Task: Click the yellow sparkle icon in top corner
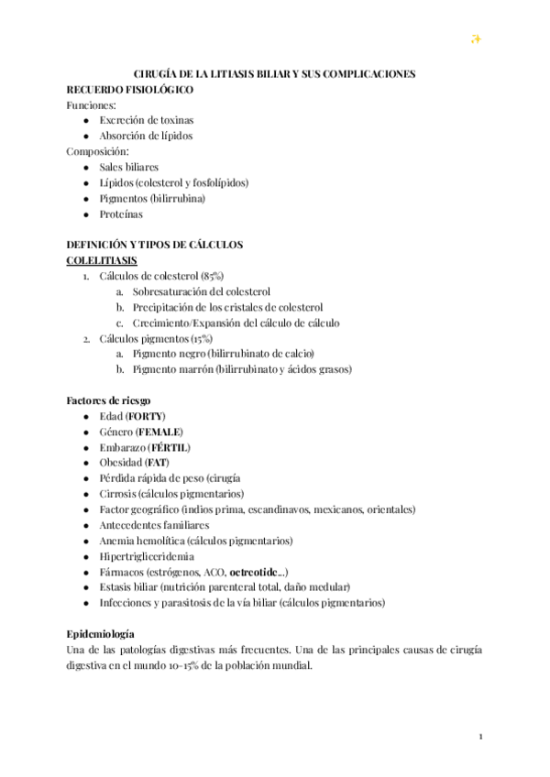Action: coord(476,38)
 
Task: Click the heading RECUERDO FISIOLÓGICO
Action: coord(129,89)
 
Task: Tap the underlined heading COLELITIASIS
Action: coord(102,260)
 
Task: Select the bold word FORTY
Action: coord(146,415)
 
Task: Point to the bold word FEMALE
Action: coord(159,431)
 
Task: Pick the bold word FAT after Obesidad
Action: coord(156,462)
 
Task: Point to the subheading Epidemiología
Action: coord(101,633)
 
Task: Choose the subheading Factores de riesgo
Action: coord(108,399)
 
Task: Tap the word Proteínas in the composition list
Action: coord(121,213)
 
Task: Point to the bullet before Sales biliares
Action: coord(85,167)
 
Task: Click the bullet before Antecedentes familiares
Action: coord(85,524)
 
